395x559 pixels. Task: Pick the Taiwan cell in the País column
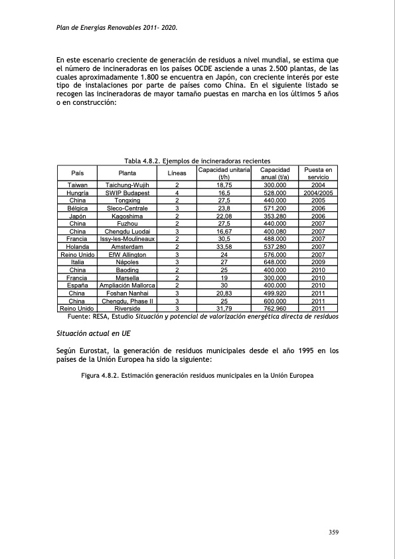pyautogui.click(x=77, y=185)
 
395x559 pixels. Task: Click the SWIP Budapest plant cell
pyautogui.click(x=127, y=193)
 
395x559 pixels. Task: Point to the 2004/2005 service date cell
pyautogui.click(x=317, y=193)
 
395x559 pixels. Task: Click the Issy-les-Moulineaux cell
pyautogui.click(x=127, y=239)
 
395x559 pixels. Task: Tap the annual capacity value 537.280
pyautogui.click(x=274, y=247)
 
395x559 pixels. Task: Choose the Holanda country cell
pyautogui.click(x=77, y=247)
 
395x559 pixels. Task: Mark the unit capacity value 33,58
pyautogui.click(x=224, y=247)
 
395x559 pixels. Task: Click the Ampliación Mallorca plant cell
pyautogui.click(x=127, y=285)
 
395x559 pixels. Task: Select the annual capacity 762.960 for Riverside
pyautogui.click(x=274, y=309)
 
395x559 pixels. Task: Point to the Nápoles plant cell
pyautogui.click(x=127, y=262)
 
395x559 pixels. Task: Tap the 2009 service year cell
pyautogui.click(x=317, y=262)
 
